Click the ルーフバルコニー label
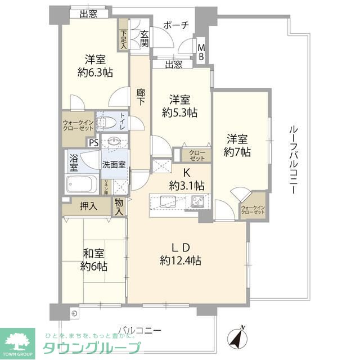(x=292, y=160)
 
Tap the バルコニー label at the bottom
(x=140, y=330)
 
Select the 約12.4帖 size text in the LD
(x=181, y=260)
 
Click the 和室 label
(x=94, y=252)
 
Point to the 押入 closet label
(x=88, y=206)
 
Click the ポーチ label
(x=175, y=25)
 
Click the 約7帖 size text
(x=237, y=151)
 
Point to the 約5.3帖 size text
(x=180, y=112)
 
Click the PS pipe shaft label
(x=93, y=142)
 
